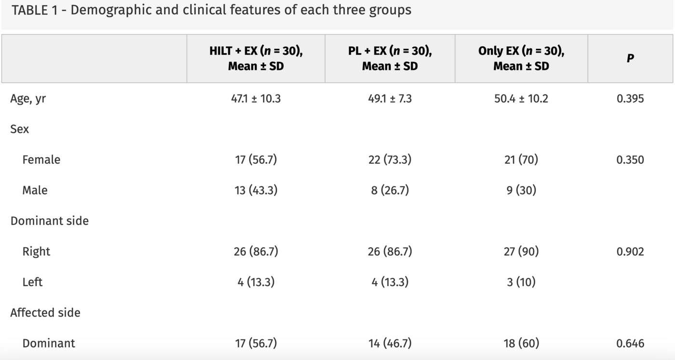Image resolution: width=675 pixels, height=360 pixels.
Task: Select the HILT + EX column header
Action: (x=256, y=58)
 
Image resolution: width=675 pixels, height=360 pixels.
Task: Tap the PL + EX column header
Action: (x=390, y=58)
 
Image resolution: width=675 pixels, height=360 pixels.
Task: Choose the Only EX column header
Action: (x=521, y=58)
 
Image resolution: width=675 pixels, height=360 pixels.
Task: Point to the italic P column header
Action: (x=630, y=58)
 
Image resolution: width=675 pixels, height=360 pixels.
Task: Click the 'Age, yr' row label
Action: (x=28, y=99)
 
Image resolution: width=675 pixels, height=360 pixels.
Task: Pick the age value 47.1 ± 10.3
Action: (x=256, y=99)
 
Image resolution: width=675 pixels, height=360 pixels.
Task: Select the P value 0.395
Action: (x=630, y=99)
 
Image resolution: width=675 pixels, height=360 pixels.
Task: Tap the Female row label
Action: (x=41, y=160)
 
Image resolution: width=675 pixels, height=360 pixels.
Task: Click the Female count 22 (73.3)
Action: (x=390, y=160)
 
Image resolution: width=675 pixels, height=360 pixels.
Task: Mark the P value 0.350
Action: (x=630, y=160)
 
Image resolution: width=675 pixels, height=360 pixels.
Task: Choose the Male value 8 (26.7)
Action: (x=390, y=190)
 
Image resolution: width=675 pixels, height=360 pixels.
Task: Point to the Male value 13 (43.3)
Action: (x=256, y=190)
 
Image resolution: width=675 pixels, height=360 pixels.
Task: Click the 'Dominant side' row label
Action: (x=49, y=221)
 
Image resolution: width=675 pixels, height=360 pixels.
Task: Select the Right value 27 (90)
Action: (x=521, y=252)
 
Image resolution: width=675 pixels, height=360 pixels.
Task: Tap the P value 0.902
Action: (x=630, y=252)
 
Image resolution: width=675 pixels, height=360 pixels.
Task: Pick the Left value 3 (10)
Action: (x=521, y=282)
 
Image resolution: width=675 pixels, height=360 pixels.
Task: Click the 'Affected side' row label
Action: (x=45, y=313)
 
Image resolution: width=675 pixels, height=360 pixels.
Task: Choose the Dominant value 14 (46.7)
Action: (x=390, y=344)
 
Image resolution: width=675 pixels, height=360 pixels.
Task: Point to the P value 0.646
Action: (x=630, y=344)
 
